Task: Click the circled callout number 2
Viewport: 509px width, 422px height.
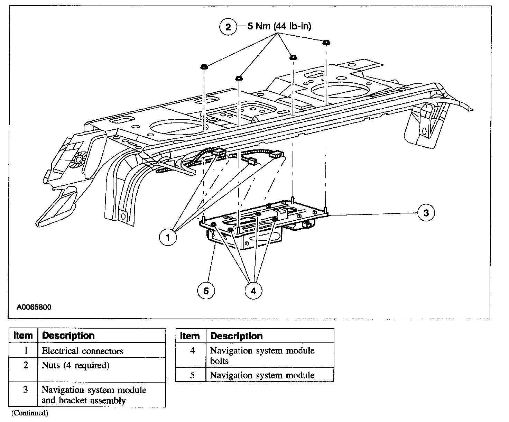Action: point(228,27)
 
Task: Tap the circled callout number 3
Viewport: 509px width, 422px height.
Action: point(426,213)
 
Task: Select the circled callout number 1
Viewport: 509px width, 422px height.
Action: point(168,237)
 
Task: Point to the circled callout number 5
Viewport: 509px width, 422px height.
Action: point(206,291)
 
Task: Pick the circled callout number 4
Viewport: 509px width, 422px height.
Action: point(253,291)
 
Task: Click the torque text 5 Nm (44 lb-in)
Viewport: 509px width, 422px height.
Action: point(279,26)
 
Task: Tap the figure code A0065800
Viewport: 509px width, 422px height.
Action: point(34,307)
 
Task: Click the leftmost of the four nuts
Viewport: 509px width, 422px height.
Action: point(204,66)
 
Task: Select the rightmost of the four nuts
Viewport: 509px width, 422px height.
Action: point(325,43)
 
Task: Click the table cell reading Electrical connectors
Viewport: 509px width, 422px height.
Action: point(83,351)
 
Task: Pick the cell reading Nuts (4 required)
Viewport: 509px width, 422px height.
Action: point(76,365)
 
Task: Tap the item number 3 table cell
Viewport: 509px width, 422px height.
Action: point(25,390)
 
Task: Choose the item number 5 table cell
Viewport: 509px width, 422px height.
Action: point(192,375)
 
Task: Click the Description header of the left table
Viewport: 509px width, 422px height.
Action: point(68,336)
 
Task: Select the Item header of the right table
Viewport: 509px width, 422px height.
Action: point(190,336)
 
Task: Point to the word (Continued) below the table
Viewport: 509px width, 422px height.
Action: point(30,413)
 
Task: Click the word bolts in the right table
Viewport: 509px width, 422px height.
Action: point(219,361)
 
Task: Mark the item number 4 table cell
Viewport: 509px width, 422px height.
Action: point(192,351)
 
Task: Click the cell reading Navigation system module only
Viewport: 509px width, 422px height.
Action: point(262,375)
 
